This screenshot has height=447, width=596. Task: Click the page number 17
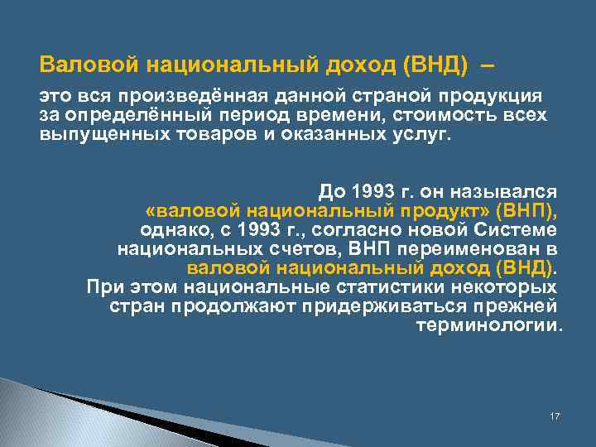click(x=555, y=416)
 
